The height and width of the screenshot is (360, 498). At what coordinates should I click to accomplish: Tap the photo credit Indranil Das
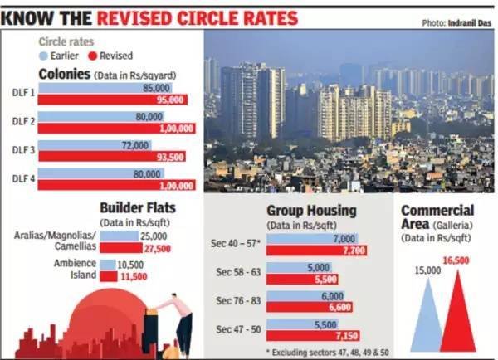465,22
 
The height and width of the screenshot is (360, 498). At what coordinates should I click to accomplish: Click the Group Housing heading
311,211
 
